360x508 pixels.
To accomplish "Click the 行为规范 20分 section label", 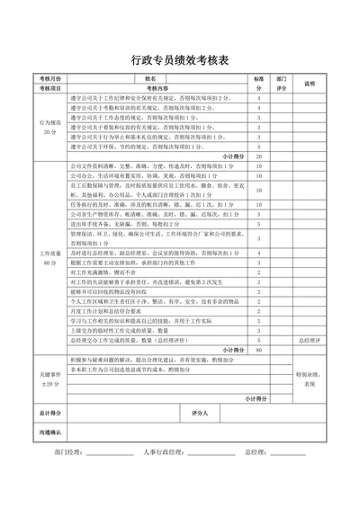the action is [50, 126].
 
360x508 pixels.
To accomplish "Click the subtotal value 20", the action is [259, 156].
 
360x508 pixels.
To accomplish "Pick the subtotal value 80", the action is [259, 350].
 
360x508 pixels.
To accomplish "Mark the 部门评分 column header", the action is [282, 84].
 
